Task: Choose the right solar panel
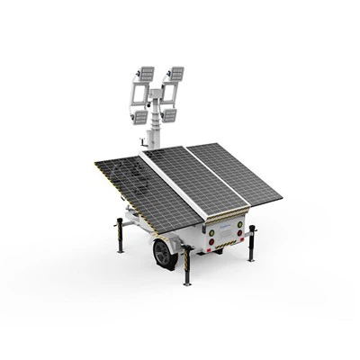(x=236, y=171)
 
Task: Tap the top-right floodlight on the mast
(x=175, y=73)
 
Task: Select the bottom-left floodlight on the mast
(x=140, y=114)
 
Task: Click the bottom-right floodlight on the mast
(x=168, y=114)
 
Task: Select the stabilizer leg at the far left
(x=119, y=235)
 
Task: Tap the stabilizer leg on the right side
(x=251, y=242)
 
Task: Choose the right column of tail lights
(x=240, y=224)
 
